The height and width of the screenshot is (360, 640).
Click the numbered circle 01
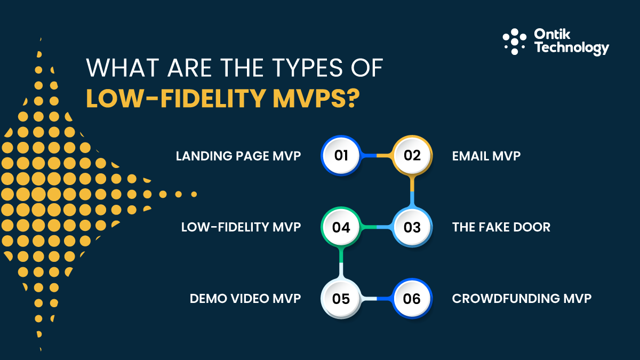[x=341, y=155]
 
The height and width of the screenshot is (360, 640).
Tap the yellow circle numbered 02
[x=412, y=155]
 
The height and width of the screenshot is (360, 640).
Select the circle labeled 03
[x=412, y=227]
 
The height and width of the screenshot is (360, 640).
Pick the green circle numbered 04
[x=341, y=227]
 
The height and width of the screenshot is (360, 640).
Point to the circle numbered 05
[x=341, y=299]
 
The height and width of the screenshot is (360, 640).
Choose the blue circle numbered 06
[x=412, y=299]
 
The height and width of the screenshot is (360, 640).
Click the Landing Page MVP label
[x=238, y=156]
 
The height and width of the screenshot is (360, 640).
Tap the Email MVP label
[x=486, y=156]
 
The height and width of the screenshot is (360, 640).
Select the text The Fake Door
[x=501, y=227]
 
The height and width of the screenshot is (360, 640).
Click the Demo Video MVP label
[x=245, y=299]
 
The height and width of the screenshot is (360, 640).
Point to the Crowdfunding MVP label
[x=522, y=299]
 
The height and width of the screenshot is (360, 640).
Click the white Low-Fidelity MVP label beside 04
[x=241, y=227]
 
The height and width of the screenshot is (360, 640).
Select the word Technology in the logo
[x=571, y=48]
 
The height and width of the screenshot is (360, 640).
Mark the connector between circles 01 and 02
[x=377, y=155]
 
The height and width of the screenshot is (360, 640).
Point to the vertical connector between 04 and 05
[x=341, y=263]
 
